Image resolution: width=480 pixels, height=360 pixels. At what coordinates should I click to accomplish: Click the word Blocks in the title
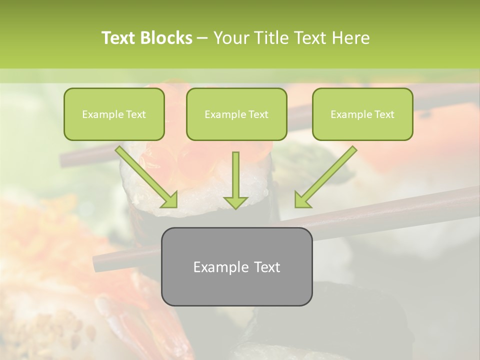coord(167,38)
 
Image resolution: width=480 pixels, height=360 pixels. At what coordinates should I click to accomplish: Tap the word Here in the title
coord(350,38)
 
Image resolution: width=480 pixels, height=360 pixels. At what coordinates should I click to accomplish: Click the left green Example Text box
coord(114,114)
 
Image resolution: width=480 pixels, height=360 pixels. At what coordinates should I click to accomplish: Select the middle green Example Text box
coord(236,114)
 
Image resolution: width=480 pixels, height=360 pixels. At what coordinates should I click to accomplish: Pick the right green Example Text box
coord(362,114)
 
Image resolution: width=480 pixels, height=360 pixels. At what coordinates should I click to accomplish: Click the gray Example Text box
coord(236,266)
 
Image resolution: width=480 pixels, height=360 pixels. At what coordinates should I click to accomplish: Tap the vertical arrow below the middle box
coord(235,175)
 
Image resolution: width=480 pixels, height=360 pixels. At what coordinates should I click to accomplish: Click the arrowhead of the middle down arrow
coord(235,202)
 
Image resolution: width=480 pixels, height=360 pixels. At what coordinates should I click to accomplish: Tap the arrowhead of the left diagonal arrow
coord(170,200)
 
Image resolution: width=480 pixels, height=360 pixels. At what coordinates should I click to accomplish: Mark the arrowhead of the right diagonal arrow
coord(301,200)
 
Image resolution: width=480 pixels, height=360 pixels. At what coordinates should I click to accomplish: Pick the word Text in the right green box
coord(384,114)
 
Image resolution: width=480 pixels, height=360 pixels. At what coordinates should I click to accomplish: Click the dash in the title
coord(202,38)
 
